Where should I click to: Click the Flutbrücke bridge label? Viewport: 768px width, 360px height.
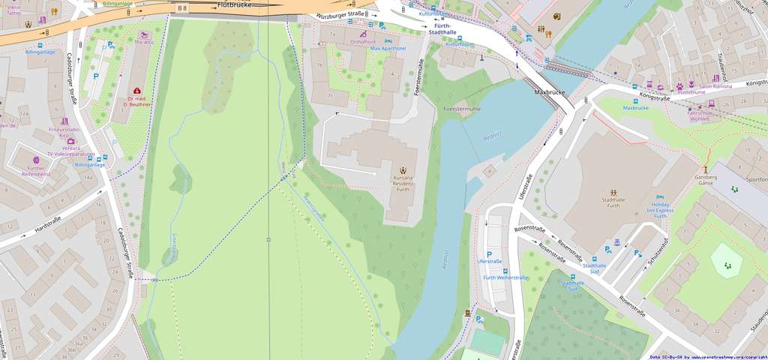point(233,4)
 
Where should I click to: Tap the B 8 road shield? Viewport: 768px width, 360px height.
point(182,7)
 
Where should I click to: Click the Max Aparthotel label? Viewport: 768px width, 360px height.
point(388,49)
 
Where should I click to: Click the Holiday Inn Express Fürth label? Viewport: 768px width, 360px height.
point(660,208)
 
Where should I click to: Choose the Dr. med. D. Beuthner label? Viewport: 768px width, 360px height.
point(139,102)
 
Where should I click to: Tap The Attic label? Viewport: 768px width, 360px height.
point(143,43)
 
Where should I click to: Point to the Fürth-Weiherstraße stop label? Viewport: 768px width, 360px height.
point(505,278)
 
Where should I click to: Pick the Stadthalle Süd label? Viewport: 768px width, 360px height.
point(593,268)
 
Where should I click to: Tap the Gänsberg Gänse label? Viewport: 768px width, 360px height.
point(705,178)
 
